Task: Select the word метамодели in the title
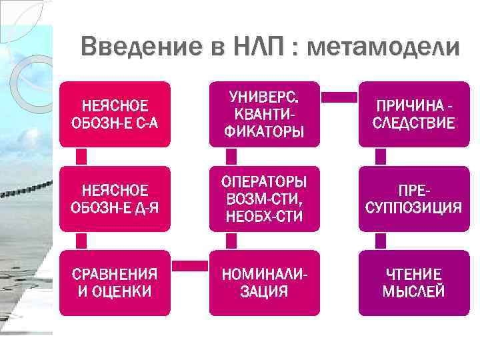pos(384,47)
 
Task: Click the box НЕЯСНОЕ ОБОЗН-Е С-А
pos(115,114)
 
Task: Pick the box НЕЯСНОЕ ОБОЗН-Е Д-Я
pos(115,199)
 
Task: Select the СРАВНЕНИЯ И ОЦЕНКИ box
pos(115,283)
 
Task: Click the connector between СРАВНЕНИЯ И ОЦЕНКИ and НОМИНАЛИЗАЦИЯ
pos(190,265)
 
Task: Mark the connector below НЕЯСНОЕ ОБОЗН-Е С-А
pos(81,157)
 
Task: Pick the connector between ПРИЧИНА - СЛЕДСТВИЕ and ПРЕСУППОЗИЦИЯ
pos(381,157)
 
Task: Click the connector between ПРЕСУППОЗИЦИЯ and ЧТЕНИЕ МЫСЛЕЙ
pos(381,241)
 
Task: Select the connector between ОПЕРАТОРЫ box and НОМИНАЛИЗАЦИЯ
pos(231,241)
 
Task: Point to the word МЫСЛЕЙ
pos(413,291)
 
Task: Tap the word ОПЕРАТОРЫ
pos(266,182)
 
